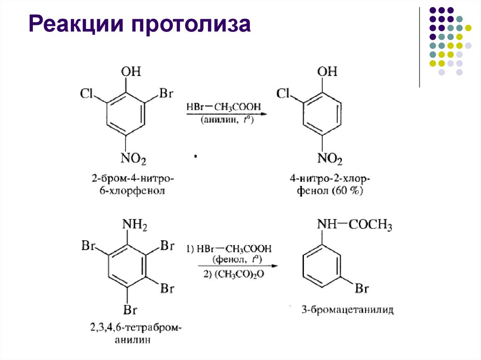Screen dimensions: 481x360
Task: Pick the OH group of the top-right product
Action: pyautogui.click(x=327, y=72)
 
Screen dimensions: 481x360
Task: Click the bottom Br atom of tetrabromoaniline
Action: pyautogui.click(x=130, y=310)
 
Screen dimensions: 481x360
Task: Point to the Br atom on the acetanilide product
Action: pyautogui.click(x=361, y=288)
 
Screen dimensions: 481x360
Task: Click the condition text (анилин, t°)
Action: pyautogui.click(x=227, y=121)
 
